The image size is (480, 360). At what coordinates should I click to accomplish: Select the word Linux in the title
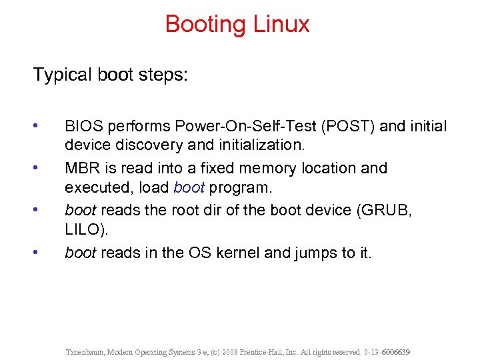pyautogui.click(x=281, y=25)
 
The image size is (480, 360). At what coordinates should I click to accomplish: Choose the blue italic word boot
pyautogui.click(x=189, y=187)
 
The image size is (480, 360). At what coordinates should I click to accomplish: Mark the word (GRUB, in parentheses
pyautogui.click(x=386, y=210)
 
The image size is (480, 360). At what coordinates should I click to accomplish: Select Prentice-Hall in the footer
pyautogui.click(x=285, y=351)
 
